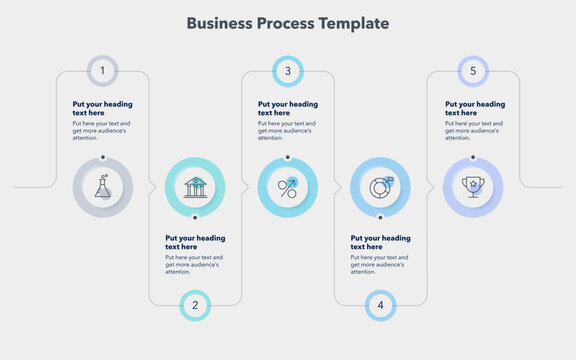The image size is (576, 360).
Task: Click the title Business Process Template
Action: (x=288, y=23)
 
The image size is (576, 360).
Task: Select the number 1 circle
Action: (x=102, y=71)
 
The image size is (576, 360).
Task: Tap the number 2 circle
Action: (x=195, y=305)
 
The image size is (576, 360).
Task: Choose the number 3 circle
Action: (x=288, y=71)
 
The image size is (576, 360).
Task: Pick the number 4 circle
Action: (x=380, y=305)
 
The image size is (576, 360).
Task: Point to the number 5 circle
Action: (x=473, y=71)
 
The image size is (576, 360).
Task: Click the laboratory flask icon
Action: (x=102, y=187)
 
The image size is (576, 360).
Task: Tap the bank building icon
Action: (x=195, y=187)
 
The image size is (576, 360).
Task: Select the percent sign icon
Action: (x=288, y=187)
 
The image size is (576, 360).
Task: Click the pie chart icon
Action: (x=380, y=187)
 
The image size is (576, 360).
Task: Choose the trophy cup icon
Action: (x=473, y=187)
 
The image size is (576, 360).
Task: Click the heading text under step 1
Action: (x=102, y=108)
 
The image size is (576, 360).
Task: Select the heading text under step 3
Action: (x=288, y=108)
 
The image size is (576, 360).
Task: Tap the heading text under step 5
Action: (x=474, y=108)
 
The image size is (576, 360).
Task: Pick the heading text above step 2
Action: (x=195, y=242)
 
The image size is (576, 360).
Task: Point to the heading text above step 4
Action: (x=380, y=242)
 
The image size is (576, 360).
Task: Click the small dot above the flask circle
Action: (x=102, y=157)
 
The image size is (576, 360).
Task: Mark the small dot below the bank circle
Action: (x=195, y=217)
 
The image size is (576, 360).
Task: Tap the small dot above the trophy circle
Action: (x=473, y=157)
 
